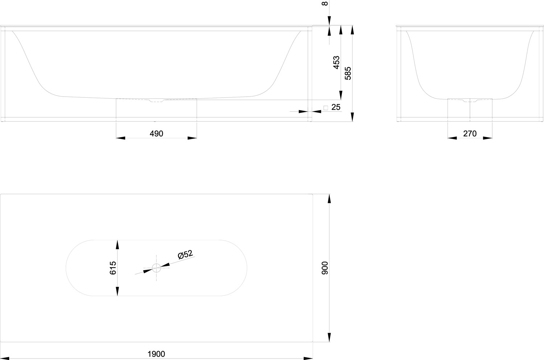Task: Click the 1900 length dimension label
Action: pos(156,354)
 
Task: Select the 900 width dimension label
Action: pos(325,268)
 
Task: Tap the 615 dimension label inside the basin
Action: pos(113,268)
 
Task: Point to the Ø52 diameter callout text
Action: pos(185,254)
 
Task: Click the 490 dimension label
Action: pos(156,134)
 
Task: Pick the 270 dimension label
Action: pos(470,134)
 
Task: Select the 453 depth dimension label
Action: pos(336,62)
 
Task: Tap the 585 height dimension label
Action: pos(348,73)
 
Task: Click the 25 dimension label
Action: pos(336,107)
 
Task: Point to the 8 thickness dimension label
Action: pos(325,3)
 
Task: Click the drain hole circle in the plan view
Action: pos(156,268)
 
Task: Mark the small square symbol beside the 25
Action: pos(326,108)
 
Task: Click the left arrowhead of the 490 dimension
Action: pos(120,138)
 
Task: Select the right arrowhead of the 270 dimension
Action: pos(488,138)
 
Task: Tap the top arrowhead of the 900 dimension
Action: pos(329,199)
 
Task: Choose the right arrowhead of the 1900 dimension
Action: pos(308,358)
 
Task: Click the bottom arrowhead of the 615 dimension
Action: pos(117,291)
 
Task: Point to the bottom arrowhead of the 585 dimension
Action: pos(353,117)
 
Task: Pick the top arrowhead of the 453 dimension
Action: pos(341,30)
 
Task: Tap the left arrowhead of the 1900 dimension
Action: pos(5,358)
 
